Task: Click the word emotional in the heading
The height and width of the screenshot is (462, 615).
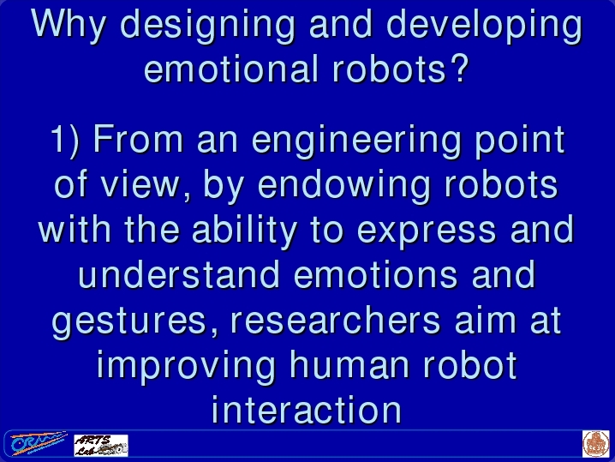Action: pos(231,69)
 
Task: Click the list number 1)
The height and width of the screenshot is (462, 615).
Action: pos(65,140)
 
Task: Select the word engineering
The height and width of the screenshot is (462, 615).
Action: pos(356,141)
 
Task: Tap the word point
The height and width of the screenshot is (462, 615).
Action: pos(520,141)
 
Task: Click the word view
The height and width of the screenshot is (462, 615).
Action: pos(140,185)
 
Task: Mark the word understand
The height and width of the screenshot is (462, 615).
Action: pos(179,273)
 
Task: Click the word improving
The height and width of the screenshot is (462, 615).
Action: pos(186,366)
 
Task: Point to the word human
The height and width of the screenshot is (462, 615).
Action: pos(349,365)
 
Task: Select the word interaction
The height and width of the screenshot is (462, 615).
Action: pos(307,410)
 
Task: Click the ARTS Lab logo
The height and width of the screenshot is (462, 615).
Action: pos(101,445)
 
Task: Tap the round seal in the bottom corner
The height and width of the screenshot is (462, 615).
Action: pos(596,443)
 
